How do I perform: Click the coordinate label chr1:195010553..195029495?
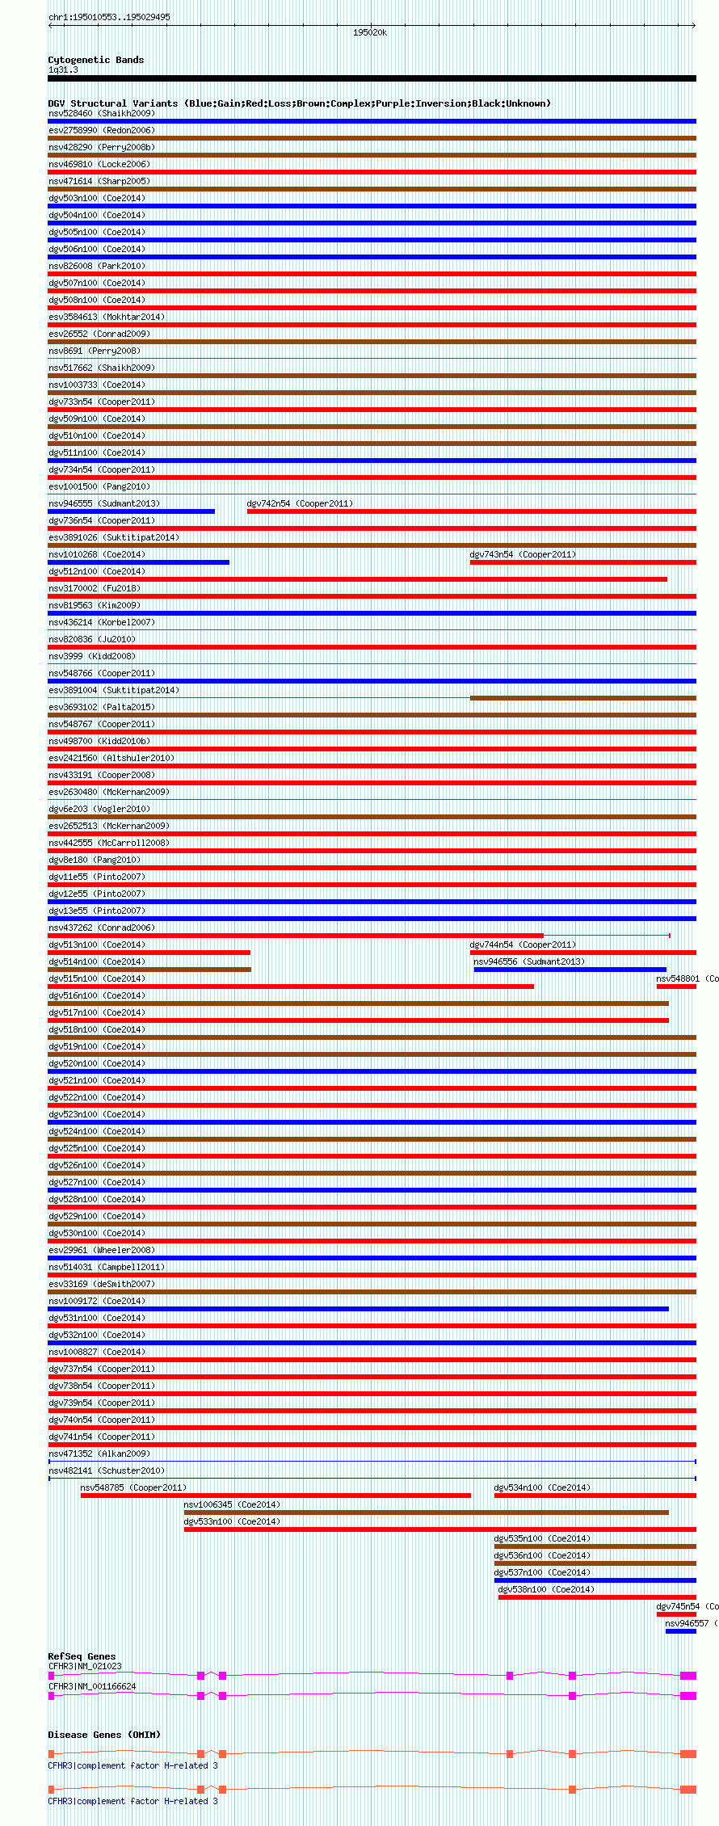tap(109, 17)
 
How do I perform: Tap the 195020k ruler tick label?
tap(369, 33)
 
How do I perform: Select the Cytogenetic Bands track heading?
tap(95, 60)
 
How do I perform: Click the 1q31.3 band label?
tap(63, 70)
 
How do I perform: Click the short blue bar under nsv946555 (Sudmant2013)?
tap(131, 511)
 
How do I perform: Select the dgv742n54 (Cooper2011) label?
tap(300, 503)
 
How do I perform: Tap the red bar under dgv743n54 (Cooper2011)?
tap(582, 562)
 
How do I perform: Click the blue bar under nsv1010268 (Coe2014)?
tap(138, 562)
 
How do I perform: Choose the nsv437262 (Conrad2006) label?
tap(101, 928)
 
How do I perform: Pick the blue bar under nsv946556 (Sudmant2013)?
tap(570, 970)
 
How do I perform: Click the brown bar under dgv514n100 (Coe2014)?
tap(149, 970)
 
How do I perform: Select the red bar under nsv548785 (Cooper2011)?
tap(275, 1496)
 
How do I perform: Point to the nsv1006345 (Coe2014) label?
tap(232, 1504)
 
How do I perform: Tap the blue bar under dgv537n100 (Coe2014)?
tap(595, 1580)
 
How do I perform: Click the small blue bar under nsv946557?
tap(680, 1631)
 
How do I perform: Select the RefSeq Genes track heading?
tap(82, 1656)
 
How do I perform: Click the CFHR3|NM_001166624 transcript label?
tap(92, 1686)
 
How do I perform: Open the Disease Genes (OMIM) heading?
tap(104, 1735)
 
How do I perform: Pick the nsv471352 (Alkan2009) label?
tap(99, 1454)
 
